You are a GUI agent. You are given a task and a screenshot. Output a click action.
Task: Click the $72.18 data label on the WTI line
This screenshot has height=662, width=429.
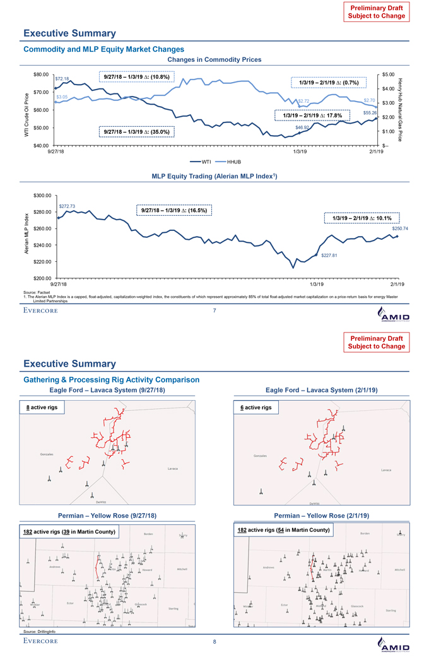coord(62,79)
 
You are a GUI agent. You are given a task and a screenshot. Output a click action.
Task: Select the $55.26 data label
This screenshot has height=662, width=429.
coord(370,112)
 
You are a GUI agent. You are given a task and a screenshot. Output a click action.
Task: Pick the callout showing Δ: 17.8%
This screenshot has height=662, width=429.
coord(313,115)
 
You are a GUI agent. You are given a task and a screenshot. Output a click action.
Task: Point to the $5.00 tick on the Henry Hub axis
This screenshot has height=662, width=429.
coord(389,74)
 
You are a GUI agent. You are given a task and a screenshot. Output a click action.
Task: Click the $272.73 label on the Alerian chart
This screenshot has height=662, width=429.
coord(67,206)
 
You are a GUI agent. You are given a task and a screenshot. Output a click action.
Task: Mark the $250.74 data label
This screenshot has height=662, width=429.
coord(400,228)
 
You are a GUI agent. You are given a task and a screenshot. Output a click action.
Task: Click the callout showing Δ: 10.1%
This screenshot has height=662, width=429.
coord(358,218)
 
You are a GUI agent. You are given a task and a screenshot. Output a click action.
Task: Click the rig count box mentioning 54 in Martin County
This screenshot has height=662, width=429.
coord(283,530)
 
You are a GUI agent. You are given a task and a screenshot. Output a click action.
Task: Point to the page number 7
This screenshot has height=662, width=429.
coord(214,310)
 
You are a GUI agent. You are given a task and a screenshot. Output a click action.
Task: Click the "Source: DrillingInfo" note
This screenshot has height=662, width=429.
coord(40,631)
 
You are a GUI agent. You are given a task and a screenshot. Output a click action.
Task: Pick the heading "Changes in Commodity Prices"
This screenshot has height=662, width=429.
coord(214,60)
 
